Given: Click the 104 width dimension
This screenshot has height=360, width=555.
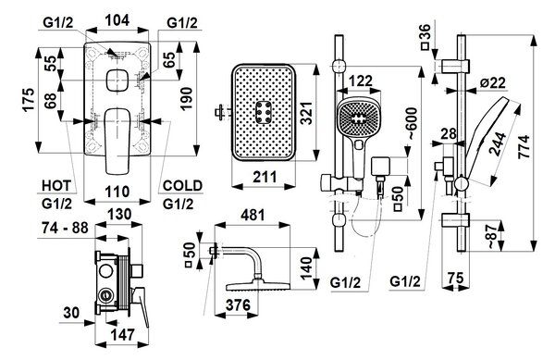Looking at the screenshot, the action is tap(117, 20).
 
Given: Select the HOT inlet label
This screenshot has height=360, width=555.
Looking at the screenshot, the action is tap(56, 185).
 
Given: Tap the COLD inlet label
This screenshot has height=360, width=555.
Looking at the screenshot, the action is tap(182, 185).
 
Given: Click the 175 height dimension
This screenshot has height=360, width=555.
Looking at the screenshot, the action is tap(29, 99).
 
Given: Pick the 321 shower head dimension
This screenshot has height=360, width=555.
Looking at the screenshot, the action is tap(307, 113).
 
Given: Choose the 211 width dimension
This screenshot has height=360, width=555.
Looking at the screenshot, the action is tap(265, 177).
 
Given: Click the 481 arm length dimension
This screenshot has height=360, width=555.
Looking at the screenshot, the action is tap(253, 215).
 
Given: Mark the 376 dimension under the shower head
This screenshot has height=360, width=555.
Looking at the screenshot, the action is tap(238, 304).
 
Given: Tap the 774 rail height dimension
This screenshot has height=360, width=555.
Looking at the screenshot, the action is tap(524, 146).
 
